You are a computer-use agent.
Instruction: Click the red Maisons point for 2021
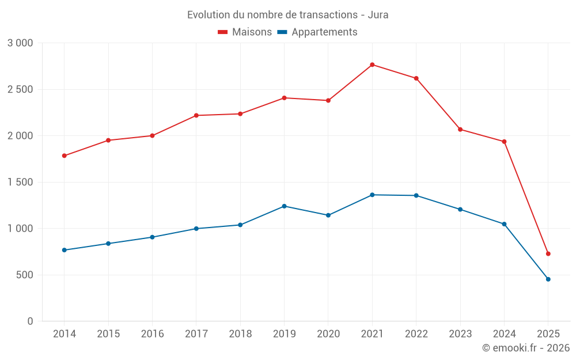(372, 65)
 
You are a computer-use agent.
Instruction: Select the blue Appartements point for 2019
(284, 206)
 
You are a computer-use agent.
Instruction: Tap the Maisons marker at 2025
(548, 253)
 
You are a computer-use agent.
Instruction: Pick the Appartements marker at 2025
(548, 279)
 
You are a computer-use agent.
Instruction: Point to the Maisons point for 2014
(64, 156)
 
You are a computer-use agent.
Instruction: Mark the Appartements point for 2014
(64, 250)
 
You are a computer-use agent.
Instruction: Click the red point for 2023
(460, 129)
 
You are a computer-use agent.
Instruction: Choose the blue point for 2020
(328, 215)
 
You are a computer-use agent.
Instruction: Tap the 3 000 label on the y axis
(21, 43)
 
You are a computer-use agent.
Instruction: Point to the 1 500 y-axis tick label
(21, 182)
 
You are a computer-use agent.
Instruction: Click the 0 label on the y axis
(30, 321)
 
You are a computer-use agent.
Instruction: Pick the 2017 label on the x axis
(196, 334)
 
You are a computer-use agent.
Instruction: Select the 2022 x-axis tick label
(416, 334)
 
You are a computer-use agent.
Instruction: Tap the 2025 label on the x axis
(548, 334)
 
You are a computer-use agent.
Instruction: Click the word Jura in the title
(378, 15)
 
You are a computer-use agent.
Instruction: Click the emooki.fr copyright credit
(526, 348)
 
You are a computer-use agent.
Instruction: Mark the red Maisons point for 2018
(240, 113)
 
